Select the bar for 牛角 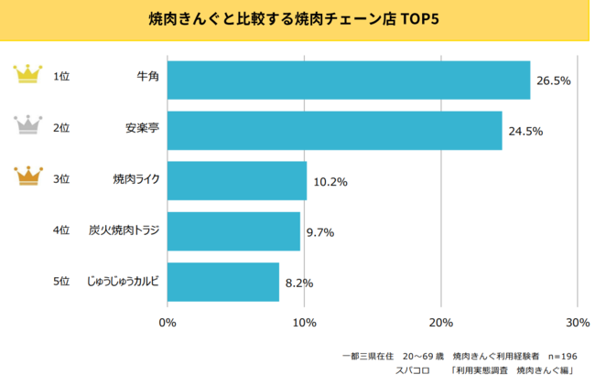(349, 80)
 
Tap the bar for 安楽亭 (334, 130)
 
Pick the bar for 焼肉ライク (237, 180)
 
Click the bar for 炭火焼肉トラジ (233, 230)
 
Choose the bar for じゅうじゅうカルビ (223, 282)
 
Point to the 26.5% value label (554, 80)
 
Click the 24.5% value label (526, 131)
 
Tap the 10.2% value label (330, 182)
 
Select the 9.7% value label (320, 232)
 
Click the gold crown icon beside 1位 (31, 74)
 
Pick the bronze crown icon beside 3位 (31, 176)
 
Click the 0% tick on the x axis (168, 322)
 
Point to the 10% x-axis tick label (304, 322)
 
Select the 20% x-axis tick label (441, 322)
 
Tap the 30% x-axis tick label (577, 322)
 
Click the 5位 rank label (61, 282)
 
